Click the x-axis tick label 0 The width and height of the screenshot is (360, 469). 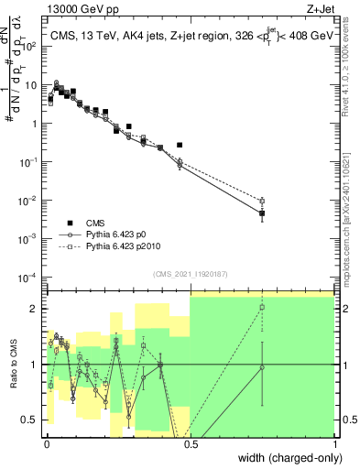tap(45, 442)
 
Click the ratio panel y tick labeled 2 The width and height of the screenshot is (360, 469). tap(34, 309)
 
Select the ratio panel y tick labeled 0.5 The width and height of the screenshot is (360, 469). tap(30, 420)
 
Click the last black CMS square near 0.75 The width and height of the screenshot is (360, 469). tap(262, 213)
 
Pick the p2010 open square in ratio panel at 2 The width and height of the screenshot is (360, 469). tap(262, 308)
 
